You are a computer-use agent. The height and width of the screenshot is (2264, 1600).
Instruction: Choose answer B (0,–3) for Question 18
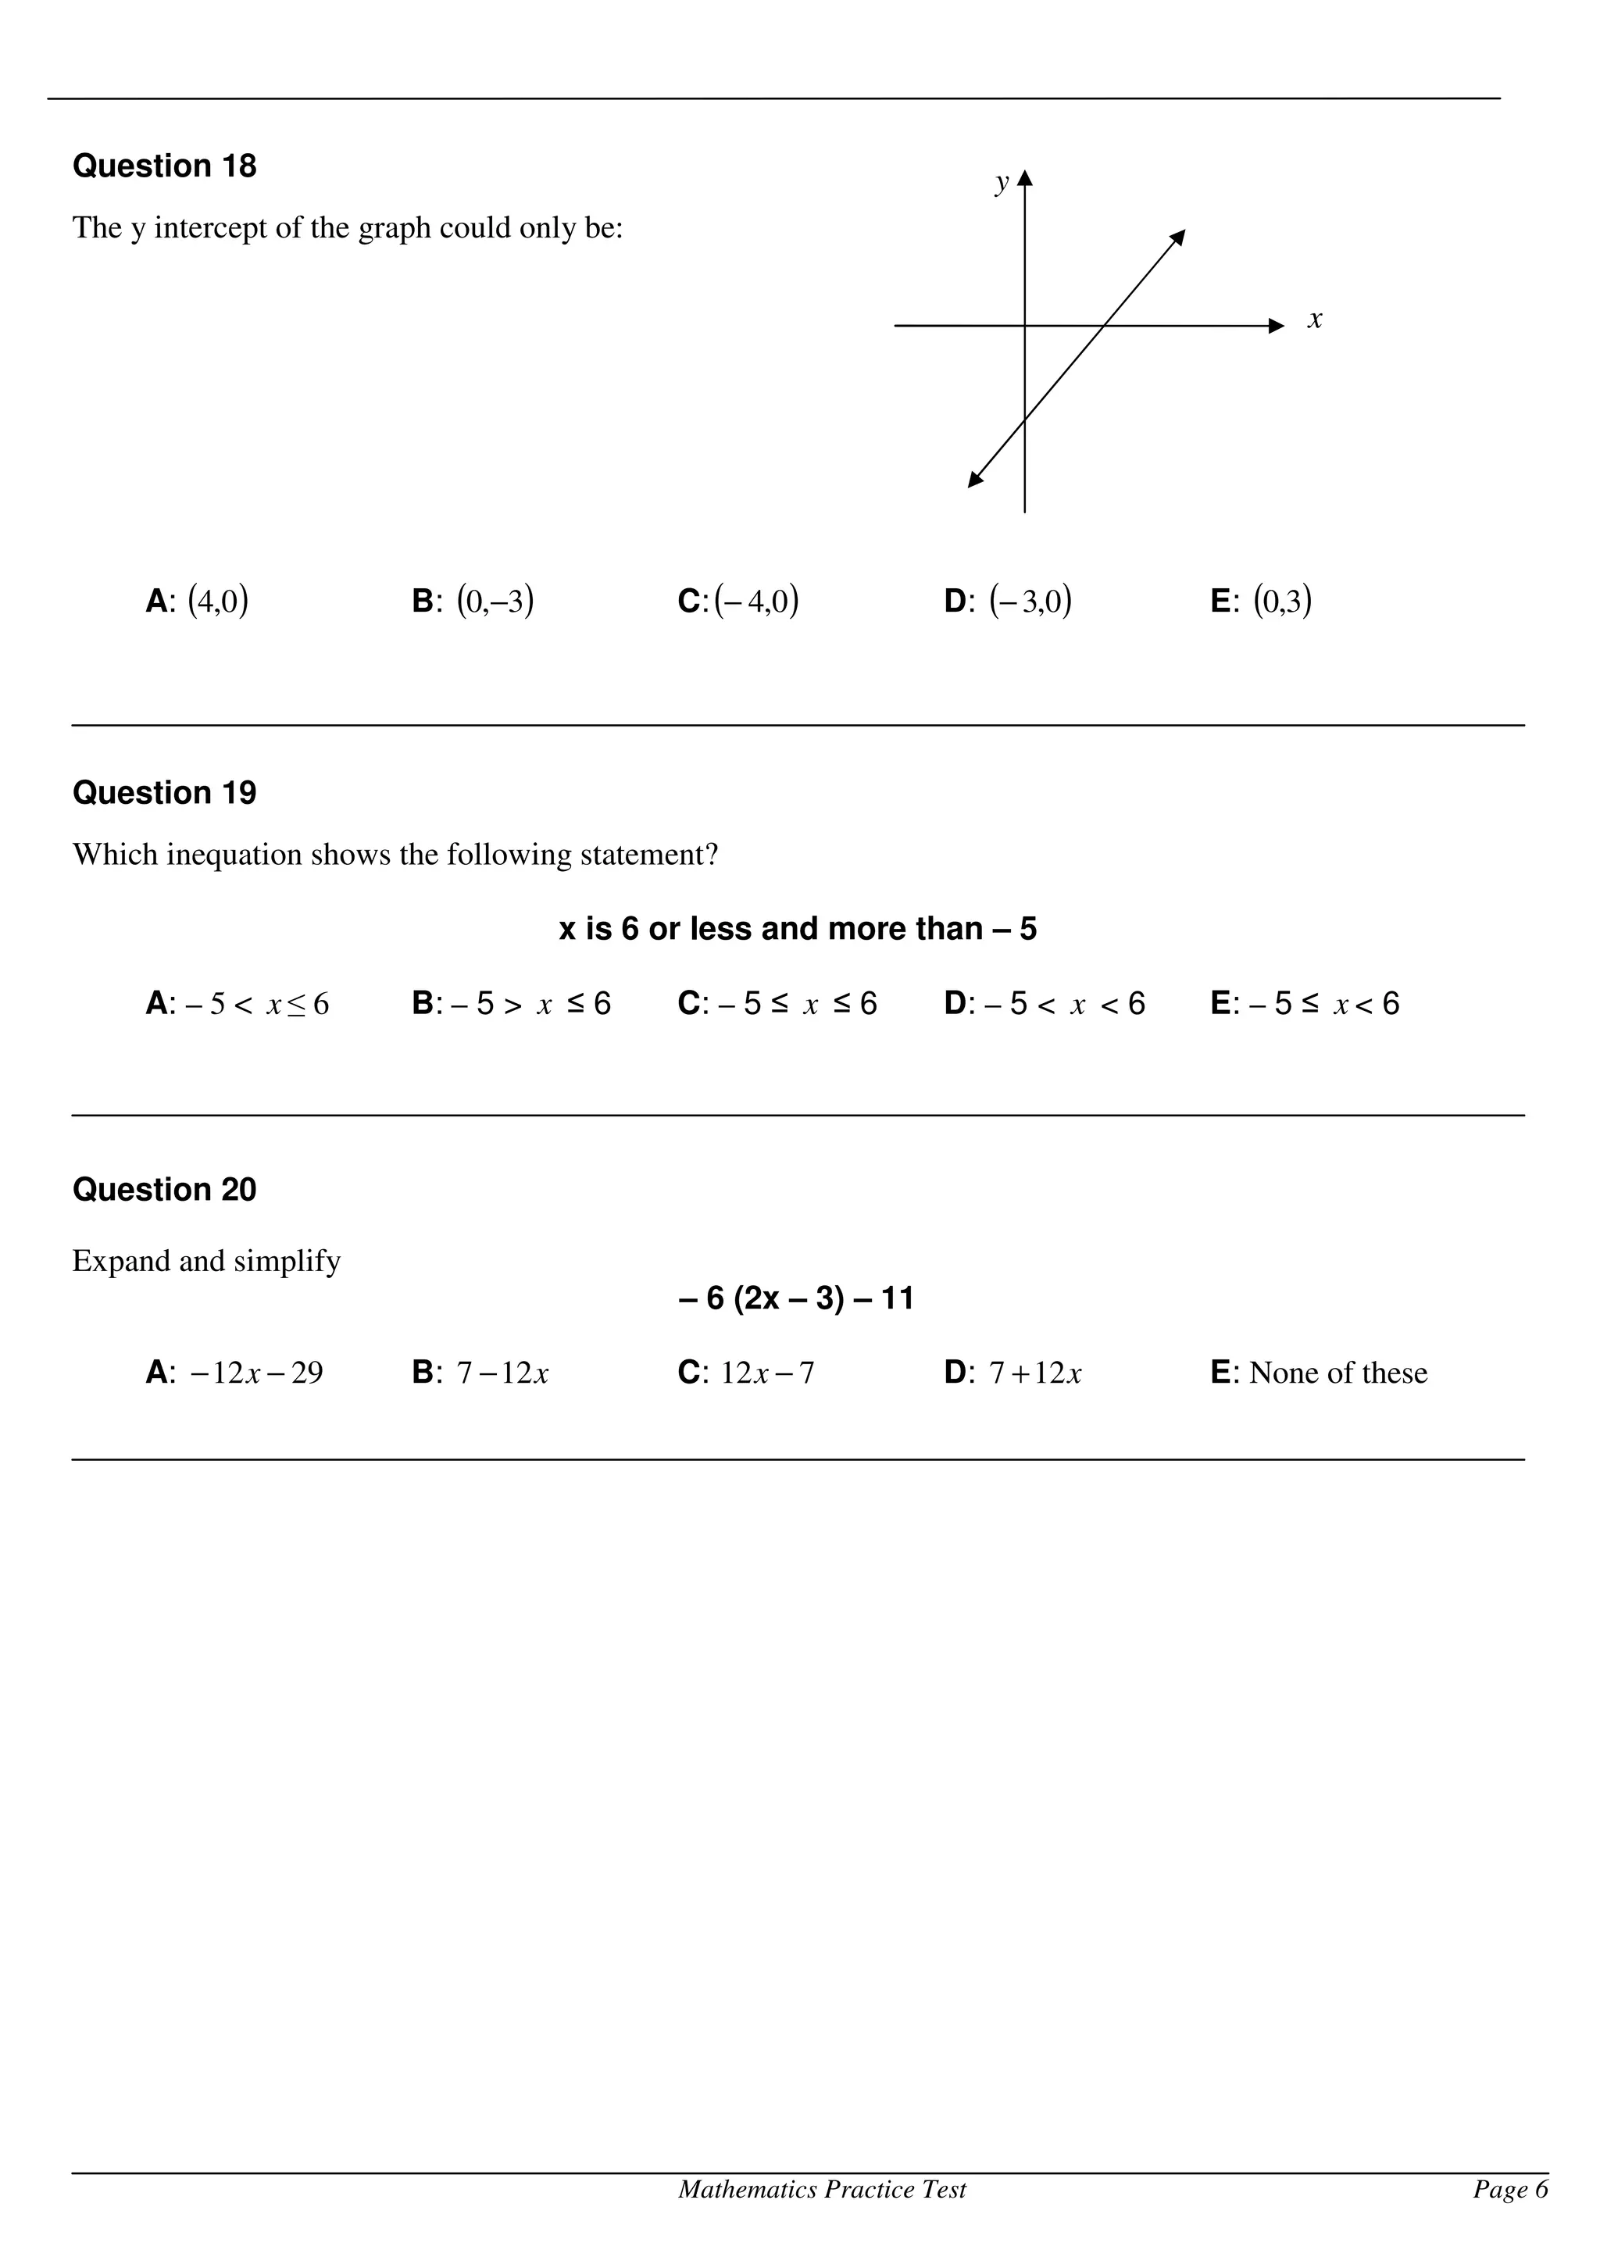click(x=473, y=601)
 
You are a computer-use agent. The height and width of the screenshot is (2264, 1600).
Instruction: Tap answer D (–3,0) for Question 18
click(x=1008, y=601)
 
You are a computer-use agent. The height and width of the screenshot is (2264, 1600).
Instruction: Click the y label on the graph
click(x=1002, y=183)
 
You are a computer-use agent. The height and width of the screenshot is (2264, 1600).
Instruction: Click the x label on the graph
click(x=1314, y=320)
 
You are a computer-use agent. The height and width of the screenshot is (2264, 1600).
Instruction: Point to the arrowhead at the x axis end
click(x=1277, y=326)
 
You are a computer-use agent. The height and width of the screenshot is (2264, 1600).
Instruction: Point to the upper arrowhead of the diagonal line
click(x=1178, y=237)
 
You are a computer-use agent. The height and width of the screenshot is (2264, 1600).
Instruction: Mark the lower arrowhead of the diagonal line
click(x=975, y=480)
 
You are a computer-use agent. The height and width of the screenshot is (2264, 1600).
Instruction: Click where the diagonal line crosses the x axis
click(x=1104, y=326)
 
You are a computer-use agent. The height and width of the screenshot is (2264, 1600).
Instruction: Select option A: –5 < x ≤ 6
click(x=237, y=1004)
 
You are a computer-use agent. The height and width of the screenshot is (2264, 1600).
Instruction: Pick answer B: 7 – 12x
click(x=480, y=1373)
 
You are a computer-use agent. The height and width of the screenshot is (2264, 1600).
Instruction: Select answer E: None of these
click(x=1318, y=1373)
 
